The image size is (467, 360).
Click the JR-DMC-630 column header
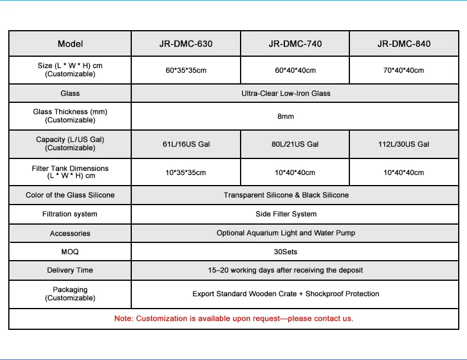[x=186, y=44]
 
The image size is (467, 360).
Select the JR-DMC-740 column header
[x=295, y=44]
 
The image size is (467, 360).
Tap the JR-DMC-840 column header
[x=404, y=44]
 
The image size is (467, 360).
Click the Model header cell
[x=70, y=44]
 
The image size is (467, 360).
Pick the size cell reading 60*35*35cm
[x=186, y=70]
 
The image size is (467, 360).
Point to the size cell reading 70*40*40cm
[x=404, y=70]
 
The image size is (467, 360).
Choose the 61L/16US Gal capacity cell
[x=186, y=144]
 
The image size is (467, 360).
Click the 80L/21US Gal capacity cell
[x=295, y=144]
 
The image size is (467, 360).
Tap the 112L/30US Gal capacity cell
[x=404, y=144]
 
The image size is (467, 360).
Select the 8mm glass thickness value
[x=286, y=116]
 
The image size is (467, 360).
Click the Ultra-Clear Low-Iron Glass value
[x=286, y=93]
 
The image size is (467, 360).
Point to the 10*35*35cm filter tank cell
[x=186, y=173]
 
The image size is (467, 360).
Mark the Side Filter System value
[x=286, y=214]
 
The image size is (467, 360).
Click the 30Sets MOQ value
[x=286, y=252]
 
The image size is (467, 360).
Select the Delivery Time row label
[x=70, y=270]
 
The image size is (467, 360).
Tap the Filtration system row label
[x=70, y=214]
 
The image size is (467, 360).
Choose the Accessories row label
[x=70, y=233]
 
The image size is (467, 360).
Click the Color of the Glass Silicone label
[x=70, y=195]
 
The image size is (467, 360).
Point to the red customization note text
[x=234, y=319]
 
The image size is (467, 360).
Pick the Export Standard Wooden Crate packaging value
[x=286, y=294]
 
